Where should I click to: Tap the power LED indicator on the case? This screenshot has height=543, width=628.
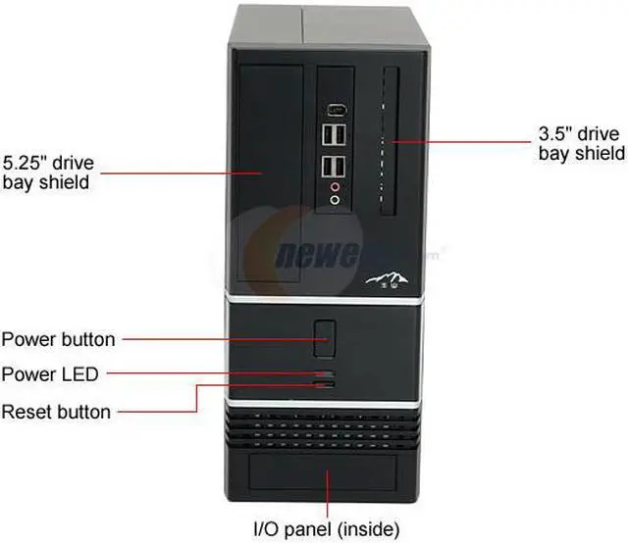[326, 373]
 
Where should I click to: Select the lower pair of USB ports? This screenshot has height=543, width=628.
[334, 165]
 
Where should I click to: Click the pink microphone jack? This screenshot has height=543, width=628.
[337, 184]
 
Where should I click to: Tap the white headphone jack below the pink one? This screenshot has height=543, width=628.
[337, 199]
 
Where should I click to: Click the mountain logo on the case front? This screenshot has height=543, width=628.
[386, 280]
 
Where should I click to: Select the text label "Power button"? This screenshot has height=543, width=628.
[58, 340]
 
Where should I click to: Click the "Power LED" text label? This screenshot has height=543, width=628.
[50, 373]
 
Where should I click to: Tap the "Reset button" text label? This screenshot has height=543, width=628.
[56, 411]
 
